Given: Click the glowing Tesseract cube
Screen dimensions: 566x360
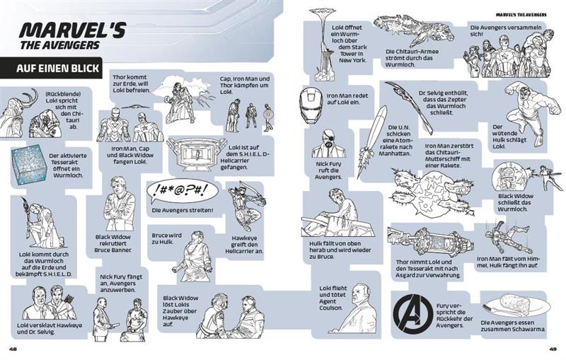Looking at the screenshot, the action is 29,166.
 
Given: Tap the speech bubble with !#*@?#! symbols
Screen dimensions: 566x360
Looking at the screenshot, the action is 183,192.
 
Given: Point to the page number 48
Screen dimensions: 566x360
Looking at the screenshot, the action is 13,349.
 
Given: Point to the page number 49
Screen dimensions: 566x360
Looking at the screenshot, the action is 553,349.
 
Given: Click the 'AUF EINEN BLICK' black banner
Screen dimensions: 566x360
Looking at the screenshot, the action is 51,68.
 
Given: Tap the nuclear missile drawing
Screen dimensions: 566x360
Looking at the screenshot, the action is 371,141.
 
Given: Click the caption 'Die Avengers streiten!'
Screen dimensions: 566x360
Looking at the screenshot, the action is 183,210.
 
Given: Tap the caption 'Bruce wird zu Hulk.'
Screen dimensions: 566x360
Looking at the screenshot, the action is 166,238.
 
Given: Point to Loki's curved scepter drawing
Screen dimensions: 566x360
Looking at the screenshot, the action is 409,108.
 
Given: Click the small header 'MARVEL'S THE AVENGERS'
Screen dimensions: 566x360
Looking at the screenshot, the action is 521,15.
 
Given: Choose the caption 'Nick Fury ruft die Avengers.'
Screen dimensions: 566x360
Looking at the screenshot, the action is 328,170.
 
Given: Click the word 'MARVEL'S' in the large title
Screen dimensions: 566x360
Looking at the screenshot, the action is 72,30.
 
